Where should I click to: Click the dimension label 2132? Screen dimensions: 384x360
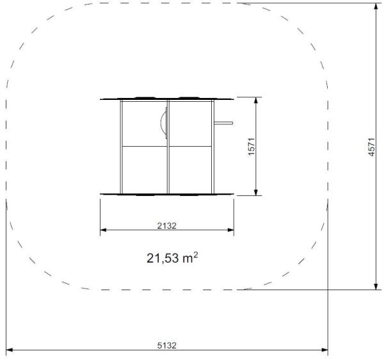click(166, 225)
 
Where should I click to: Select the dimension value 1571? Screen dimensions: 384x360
click(252, 147)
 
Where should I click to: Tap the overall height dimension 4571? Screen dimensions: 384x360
click(371, 147)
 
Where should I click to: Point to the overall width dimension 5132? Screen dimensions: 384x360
click(166, 345)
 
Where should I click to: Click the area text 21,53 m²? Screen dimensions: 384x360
click(172, 258)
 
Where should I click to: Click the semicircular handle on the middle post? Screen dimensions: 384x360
click(164, 123)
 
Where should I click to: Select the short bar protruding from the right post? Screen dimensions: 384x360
click(223, 123)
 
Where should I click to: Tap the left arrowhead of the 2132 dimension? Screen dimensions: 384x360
click(103, 230)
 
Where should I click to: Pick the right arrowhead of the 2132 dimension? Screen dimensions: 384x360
click(231, 230)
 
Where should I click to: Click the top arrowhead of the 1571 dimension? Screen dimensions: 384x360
click(256, 100)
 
